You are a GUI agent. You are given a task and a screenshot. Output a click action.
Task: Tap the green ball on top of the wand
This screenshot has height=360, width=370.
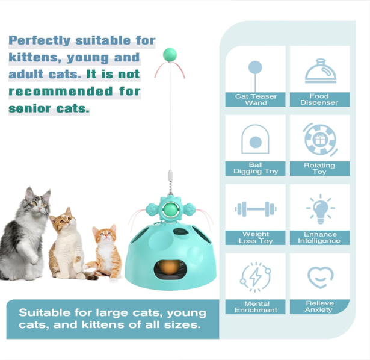(170, 55)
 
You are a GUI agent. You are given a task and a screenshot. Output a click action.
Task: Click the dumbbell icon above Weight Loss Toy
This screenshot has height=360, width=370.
(256, 209)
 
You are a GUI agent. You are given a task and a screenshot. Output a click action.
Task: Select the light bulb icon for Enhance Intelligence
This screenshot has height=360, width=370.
(321, 209)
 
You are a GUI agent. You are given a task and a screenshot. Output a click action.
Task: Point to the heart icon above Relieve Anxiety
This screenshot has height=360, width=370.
(320, 278)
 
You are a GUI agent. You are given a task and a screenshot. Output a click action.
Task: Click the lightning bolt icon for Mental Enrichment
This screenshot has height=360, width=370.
(255, 277)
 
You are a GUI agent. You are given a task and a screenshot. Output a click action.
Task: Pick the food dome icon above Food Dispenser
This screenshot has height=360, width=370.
(321, 71)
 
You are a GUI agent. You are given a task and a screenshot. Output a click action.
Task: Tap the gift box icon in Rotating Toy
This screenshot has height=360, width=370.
(320, 140)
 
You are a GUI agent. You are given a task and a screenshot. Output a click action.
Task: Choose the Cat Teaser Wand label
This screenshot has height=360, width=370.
(256, 99)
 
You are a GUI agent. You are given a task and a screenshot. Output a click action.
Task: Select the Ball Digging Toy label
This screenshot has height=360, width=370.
(256, 168)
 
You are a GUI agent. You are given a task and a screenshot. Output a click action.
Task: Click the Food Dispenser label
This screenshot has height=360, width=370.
(319, 99)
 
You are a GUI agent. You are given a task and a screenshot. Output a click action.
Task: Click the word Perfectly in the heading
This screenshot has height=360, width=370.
(40, 40)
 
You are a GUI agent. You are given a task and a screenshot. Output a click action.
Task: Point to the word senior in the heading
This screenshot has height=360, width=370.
(29, 108)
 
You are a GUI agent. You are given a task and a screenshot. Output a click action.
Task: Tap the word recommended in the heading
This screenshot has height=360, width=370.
(61, 91)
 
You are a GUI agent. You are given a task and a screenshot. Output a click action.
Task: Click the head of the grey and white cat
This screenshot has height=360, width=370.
(38, 200)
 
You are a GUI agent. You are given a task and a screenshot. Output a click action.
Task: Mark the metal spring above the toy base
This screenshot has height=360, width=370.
(170, 187)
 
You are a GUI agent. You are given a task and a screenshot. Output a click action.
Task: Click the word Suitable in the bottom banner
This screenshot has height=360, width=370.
(45, 312)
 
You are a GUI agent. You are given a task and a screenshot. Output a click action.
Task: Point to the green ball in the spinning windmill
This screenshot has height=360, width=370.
(170, 209)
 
